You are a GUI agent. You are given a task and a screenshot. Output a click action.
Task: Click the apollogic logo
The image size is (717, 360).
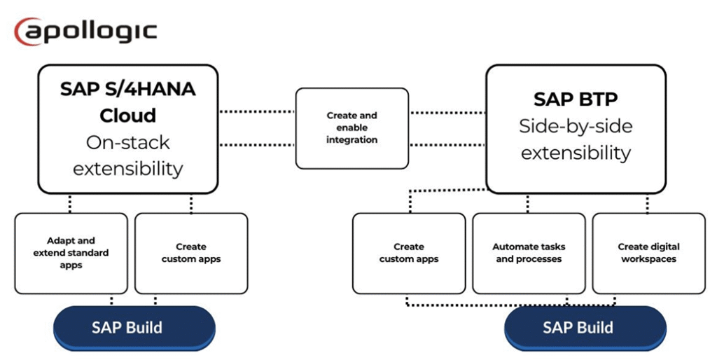[85, 32]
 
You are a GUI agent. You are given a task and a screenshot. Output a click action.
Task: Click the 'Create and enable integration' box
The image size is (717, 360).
[351, 128]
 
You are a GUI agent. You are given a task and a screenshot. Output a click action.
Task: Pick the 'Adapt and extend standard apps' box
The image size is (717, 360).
[71, 253]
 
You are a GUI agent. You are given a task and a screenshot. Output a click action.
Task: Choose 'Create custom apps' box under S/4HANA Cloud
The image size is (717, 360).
[191, 253]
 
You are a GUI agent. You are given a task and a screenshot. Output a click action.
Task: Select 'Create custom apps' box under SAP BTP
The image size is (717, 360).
[409, 253]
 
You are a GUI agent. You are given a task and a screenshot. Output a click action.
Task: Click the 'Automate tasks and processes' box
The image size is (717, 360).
[529, 253]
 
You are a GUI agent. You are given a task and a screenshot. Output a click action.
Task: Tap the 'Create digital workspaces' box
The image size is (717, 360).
[648, 253]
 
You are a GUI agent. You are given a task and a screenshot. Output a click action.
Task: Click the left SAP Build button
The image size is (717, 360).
[134, 328]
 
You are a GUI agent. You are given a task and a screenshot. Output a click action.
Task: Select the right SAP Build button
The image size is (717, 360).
[585, 328]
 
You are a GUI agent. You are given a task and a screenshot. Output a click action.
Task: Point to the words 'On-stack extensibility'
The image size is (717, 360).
[127, 155]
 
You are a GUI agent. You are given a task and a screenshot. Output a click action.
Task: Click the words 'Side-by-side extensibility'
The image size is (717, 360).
[576, 139]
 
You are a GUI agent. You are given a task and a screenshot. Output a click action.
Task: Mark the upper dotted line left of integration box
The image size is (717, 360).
[257, 111]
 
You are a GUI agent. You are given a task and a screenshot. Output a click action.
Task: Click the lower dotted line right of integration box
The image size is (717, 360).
[447, 145]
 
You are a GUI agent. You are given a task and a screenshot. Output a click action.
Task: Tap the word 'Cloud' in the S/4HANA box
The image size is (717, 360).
[127, 115]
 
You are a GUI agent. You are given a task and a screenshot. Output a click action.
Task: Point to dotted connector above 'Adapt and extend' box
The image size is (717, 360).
[70, 203]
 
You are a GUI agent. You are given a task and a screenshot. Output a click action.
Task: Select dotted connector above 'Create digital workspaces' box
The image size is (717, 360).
[647, 203]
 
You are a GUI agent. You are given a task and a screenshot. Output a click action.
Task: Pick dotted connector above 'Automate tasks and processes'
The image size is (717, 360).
[527, 203]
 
